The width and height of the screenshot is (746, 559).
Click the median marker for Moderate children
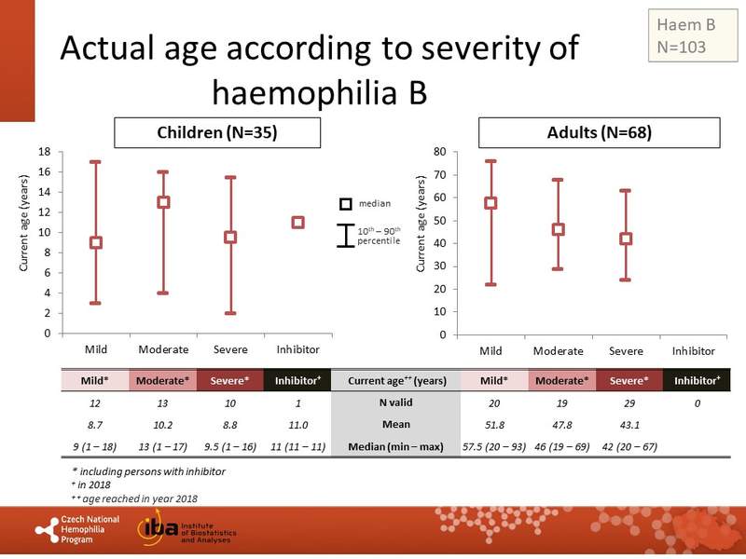coord(163,202)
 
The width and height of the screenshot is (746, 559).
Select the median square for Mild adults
coord(490,203)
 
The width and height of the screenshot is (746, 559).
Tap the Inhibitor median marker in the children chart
coord(297,223)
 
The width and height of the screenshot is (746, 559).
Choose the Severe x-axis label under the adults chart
coord(626,351)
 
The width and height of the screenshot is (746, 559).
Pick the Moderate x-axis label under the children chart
coord(163,350)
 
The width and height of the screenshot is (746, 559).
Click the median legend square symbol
coord(344,204)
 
